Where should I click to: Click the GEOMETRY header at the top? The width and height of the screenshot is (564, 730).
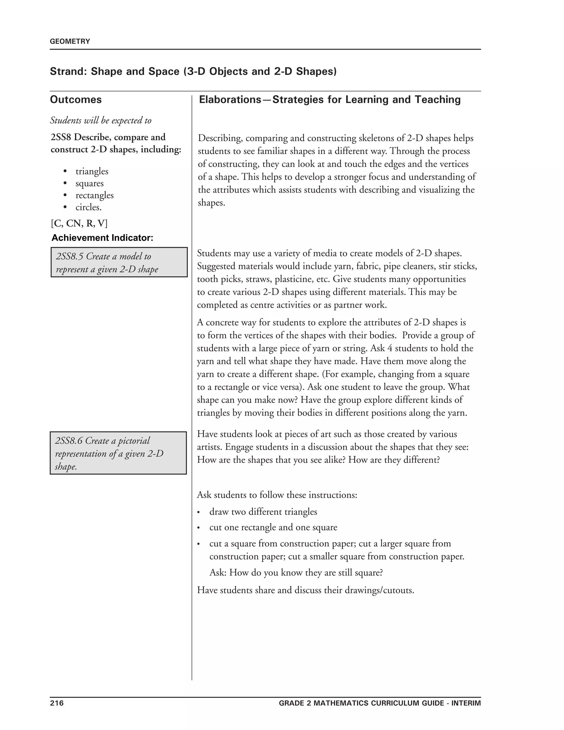point(70,41)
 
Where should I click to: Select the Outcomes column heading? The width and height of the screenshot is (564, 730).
point(76,100)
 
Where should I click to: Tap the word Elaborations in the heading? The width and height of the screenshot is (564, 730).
point(230,100)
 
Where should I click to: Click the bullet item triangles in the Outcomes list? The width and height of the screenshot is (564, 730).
point(92,171)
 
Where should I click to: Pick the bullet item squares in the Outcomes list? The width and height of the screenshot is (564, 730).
point(90,183)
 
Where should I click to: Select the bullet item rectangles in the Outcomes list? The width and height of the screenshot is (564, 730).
point(94,196)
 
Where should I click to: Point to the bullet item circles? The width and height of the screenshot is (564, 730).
point(89,208)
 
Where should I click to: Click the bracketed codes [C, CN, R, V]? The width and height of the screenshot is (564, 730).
point(79,223)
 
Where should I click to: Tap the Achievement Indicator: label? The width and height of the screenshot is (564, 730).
point(102,238)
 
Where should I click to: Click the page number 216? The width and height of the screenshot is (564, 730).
point(57,703)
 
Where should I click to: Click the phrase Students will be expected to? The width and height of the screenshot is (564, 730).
point(101,121)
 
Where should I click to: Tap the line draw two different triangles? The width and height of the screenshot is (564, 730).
point(263,512)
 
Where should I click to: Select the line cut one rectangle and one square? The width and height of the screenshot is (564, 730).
point(273,528)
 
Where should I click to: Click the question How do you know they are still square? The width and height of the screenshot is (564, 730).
point(306,573)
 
